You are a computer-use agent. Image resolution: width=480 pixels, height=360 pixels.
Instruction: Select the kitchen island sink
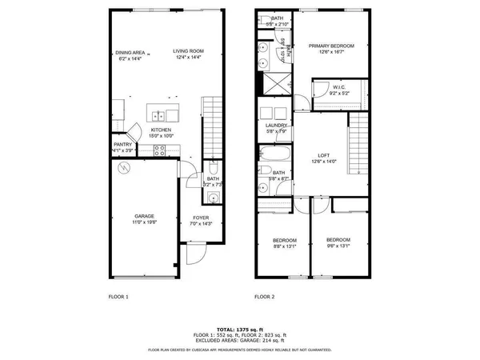(x=158, y=114)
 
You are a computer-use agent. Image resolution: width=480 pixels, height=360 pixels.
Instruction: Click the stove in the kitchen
(x=159, y=149)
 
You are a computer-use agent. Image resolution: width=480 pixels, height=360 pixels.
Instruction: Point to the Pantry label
(x=122, y=145)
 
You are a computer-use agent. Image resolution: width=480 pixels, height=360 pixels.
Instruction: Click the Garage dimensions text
(x=145, y=221)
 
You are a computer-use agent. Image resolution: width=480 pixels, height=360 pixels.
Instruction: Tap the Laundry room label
(x=276, y=126)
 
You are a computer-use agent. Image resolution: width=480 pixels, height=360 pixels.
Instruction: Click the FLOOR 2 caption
(x=265, y=296)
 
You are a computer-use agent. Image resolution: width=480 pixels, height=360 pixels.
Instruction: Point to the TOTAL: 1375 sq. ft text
(x=240, y=328)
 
